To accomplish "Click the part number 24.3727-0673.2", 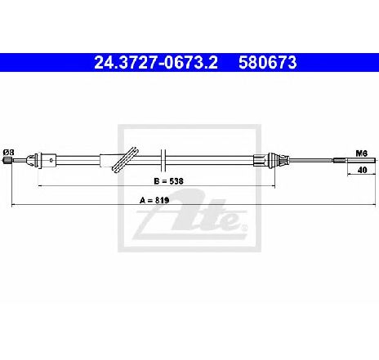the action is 156,63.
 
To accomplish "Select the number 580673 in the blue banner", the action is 268,63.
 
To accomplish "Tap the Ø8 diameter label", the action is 8,152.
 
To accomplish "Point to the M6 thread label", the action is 362,153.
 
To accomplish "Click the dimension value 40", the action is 362,170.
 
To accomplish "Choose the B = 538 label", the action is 168,181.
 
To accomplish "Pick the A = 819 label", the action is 154,200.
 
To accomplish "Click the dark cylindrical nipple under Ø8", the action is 7,160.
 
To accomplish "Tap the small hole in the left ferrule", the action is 51,160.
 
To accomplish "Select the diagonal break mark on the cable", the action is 125,159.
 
